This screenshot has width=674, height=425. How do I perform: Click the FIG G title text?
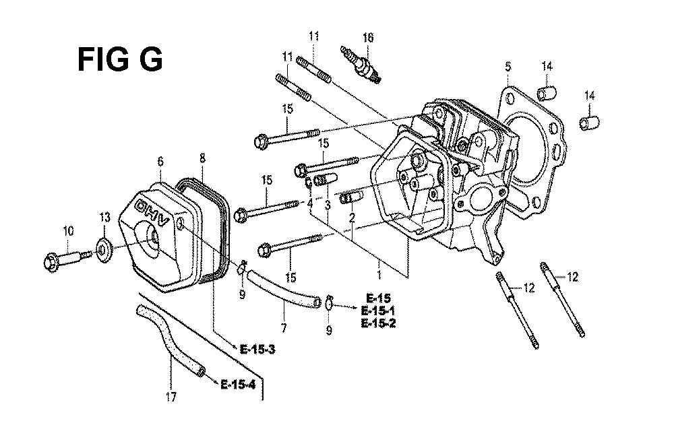(x=120, y=59)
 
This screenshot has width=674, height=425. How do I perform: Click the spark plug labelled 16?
(x=361, y=65)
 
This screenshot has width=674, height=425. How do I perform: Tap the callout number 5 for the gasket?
(x=508, y=67)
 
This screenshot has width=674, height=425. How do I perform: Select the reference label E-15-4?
(x=238, y=384)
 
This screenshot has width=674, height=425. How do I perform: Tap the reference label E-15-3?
(x=257, y=350)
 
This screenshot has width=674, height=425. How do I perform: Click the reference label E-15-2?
(x=378, y=323)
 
